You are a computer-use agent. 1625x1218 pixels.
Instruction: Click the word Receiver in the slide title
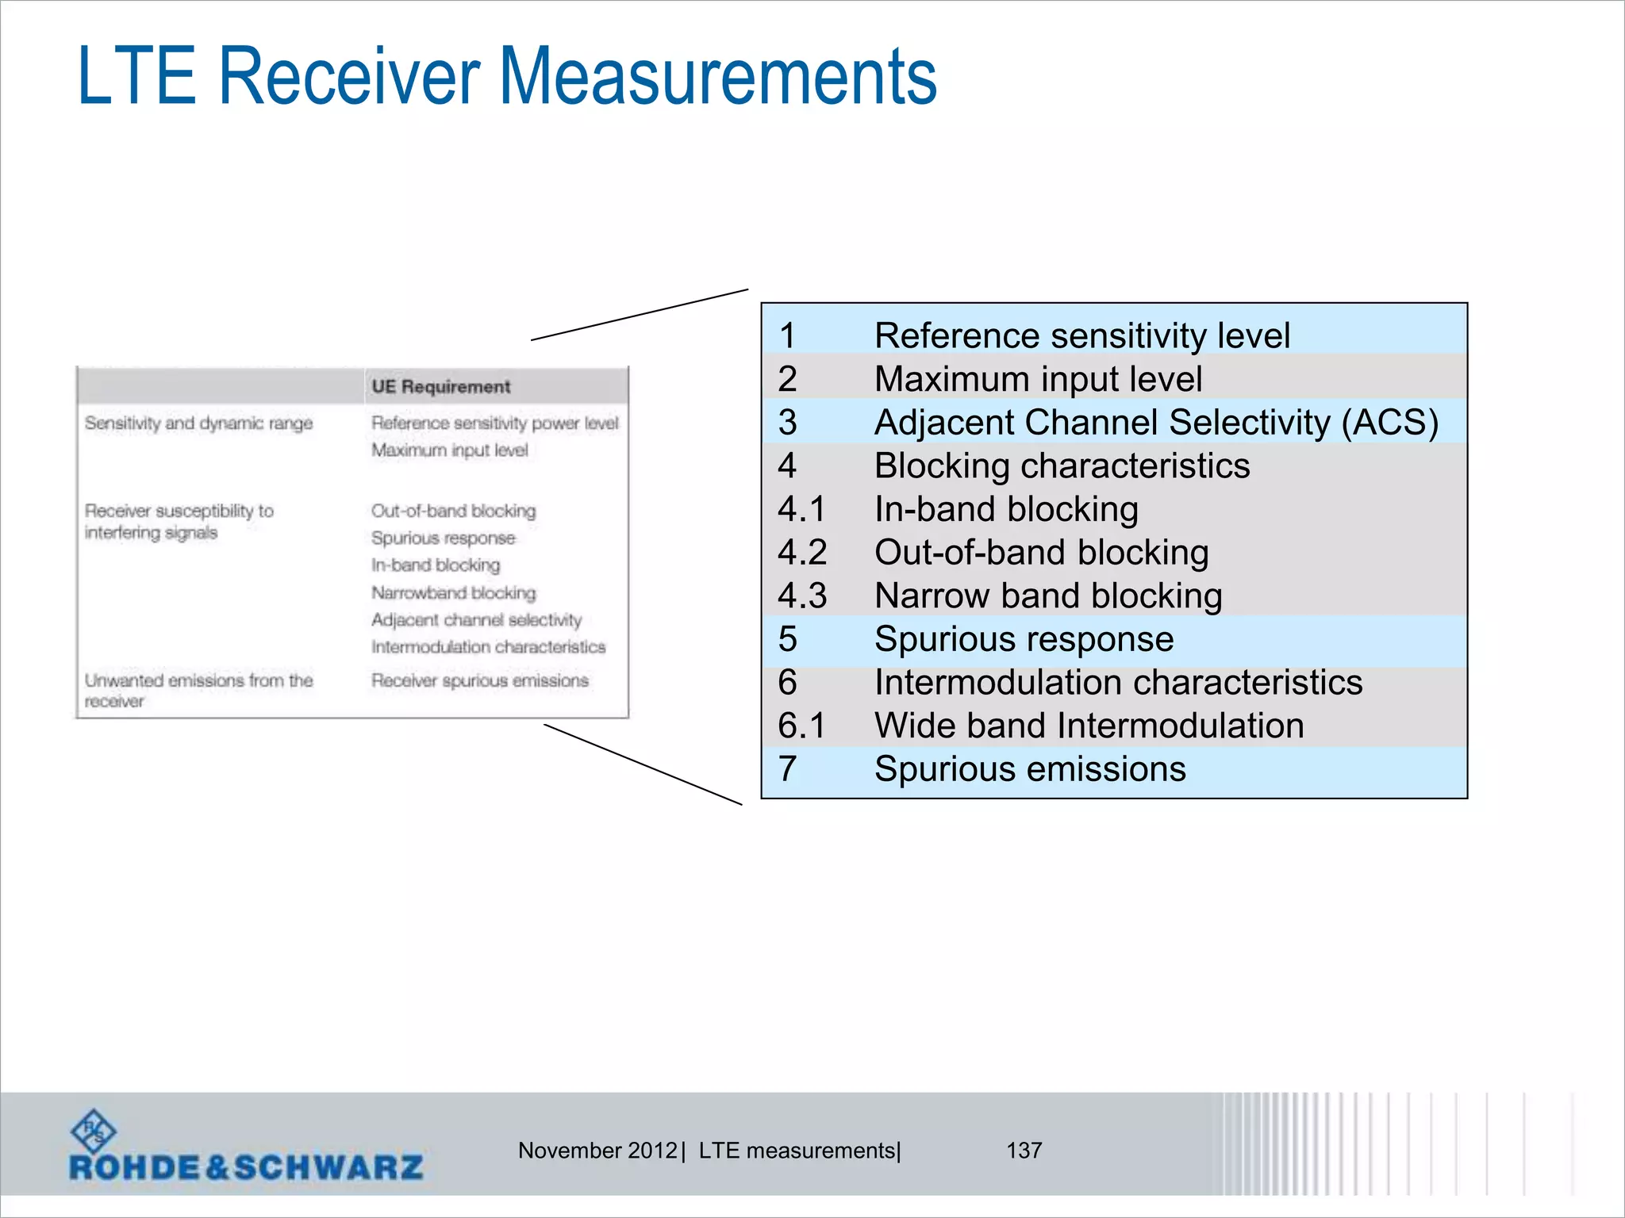coord(349,76)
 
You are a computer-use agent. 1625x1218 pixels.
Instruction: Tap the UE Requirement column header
coord(440,387)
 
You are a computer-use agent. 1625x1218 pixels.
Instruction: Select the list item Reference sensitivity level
coord(1081,335)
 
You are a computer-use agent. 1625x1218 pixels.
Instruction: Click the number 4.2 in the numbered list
coord(802,553)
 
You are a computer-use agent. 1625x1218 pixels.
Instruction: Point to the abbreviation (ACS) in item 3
coord(1389,422)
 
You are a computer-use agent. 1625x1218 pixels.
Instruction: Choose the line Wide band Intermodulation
coord(1089,726)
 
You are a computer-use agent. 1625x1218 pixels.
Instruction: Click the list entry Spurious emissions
coord(1030,769)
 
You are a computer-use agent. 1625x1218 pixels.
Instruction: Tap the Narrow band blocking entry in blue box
coord(1048,596)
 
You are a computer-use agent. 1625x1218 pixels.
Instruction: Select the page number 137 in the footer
coord(1024,1150)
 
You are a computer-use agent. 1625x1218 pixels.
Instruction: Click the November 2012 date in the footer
coord(597,1150)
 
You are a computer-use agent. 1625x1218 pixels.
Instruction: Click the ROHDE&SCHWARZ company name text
coord(246,1167)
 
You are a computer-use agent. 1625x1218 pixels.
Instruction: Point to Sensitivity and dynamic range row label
coord(198,423)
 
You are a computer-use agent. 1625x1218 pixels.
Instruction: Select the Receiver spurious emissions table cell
coord(479,680)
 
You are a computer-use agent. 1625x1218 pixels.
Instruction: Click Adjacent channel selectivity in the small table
coord(476,620)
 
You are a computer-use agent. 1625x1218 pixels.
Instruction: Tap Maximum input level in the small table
coord(449,450)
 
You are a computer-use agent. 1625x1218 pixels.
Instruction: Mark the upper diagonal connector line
coord(640,315)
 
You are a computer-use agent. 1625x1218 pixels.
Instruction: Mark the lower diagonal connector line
coord(643,764)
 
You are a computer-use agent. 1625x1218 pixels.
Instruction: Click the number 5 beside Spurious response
coord(787,639)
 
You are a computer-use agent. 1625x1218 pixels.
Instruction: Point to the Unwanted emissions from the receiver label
coord(198,690)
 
